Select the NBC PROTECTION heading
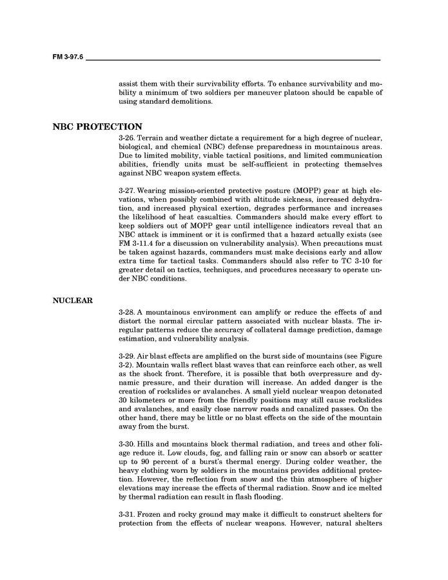[x=97, y=126]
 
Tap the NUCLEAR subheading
[x=73, y=300]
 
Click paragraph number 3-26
[x=127, y=138]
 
